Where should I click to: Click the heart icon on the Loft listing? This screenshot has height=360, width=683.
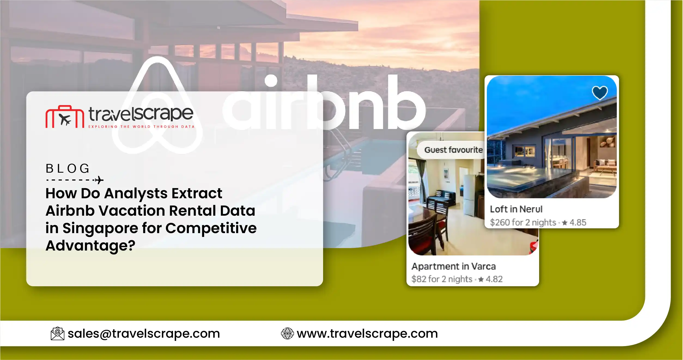[600, 93]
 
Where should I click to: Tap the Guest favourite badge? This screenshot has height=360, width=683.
[453, 150]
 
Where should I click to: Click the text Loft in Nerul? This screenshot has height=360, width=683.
[516, 209]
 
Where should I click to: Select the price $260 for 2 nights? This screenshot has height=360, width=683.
[523, 222]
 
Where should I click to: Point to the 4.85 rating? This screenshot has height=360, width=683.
[578, 222]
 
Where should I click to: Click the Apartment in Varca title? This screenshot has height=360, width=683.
[453, 266]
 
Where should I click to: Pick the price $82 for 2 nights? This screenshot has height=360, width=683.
[442, 279]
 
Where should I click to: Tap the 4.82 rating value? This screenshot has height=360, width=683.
[494, 279]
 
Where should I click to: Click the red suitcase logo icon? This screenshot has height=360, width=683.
[65, 117]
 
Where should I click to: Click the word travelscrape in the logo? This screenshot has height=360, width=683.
[141, 114]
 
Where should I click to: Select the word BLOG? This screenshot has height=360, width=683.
[67, 169]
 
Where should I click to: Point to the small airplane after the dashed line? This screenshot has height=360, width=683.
[99, 180]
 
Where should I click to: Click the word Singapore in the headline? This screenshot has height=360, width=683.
[100, 228]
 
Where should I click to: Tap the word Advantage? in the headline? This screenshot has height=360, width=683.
[90, 246]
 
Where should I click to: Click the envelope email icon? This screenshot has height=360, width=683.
[57, 334]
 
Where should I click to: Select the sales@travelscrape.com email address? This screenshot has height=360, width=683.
[144, 334]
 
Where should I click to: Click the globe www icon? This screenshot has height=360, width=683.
[287, 334]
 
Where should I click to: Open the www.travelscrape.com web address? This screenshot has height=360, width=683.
[367, 334]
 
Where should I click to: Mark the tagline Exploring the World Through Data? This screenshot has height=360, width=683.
[141, 127]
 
